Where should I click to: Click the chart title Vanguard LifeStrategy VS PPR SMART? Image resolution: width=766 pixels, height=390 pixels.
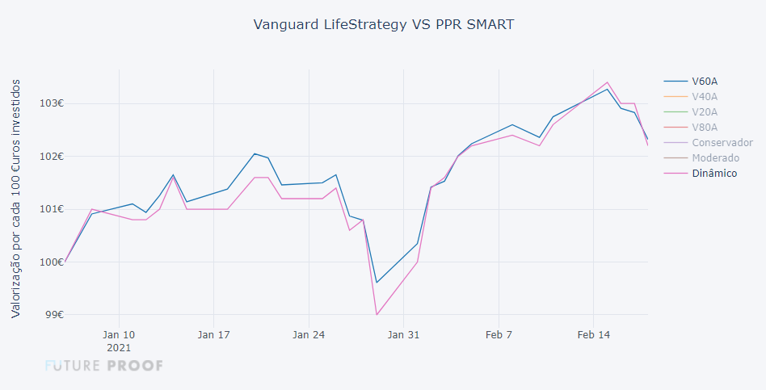click(383, 24)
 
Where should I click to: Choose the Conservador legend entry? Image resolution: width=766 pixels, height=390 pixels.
click(722, 142)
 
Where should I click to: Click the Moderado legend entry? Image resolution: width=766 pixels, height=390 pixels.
click(715, 157)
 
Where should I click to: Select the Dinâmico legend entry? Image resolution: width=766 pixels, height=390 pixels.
click(714, 173)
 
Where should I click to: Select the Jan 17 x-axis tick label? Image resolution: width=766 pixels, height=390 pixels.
click(213, 334)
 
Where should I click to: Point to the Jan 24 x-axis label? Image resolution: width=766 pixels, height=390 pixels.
click(308, 334)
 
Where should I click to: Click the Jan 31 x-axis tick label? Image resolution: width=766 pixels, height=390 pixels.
click(403, 334)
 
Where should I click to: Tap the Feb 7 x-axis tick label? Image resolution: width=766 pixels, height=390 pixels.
click(498, 334)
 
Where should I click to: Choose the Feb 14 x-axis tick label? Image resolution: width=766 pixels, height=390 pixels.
click(593, 334)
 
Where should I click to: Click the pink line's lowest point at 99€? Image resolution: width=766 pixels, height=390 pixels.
click(377, 314)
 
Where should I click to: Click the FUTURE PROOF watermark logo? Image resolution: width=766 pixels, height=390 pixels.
click(104, 366)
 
